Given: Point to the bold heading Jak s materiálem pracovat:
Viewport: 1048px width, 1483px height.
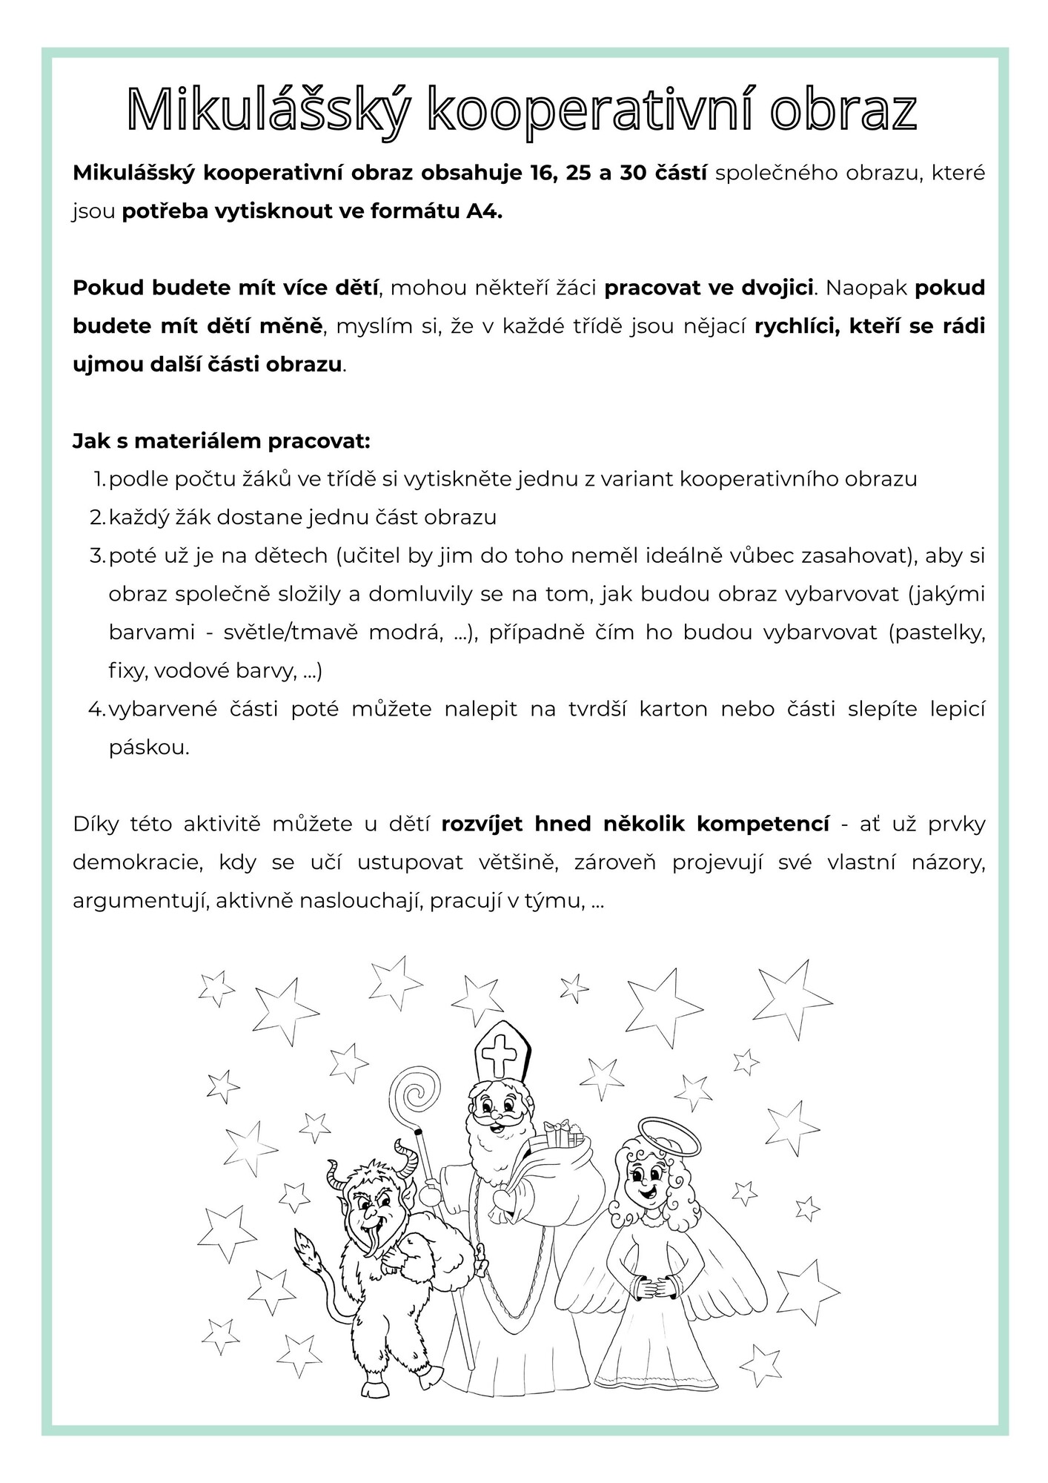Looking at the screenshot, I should tap(221, 441).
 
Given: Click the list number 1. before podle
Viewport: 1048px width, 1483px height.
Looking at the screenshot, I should tap(100, 479).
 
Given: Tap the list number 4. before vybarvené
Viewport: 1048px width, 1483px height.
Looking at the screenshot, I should tap(98, 709).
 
